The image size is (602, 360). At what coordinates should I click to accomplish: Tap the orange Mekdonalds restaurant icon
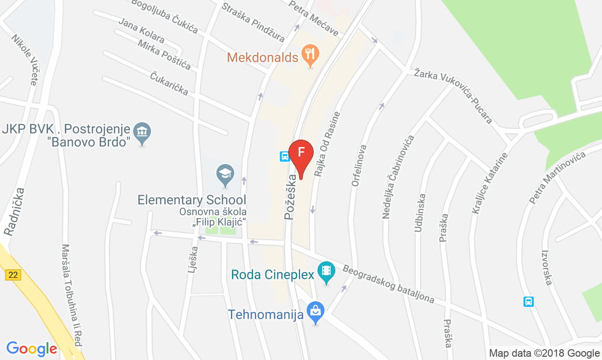pyautogui.click(x=309, y=55)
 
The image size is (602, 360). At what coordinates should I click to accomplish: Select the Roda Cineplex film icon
pyautogui.click(x=326, y=271)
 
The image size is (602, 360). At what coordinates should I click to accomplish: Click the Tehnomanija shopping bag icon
pyautogui.click(x=316, y=311)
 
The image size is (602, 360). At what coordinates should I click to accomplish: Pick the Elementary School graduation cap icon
pyautogui.click(x=225, y=173)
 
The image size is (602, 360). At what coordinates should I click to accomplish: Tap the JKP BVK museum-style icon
pyautogui.click(x=142, y=132)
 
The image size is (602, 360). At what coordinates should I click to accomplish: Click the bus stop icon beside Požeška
pyautogui.click(x=285, y=156)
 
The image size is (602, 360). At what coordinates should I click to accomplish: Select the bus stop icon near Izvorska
pyautogui.click(x=529, y=301)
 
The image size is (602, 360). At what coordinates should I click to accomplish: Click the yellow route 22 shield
pyautogui.click(x=13, y=275)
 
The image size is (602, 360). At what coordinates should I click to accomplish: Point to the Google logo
pyautogui.click(x=32, y=349)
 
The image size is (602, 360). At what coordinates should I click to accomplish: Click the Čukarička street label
pyautogui.click(x=169, y=84)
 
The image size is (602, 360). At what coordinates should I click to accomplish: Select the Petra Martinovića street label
pyautogui.click(x=557, y=178)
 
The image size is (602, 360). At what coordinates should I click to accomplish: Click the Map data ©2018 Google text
pyautogui.click(x=544, y=353)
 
